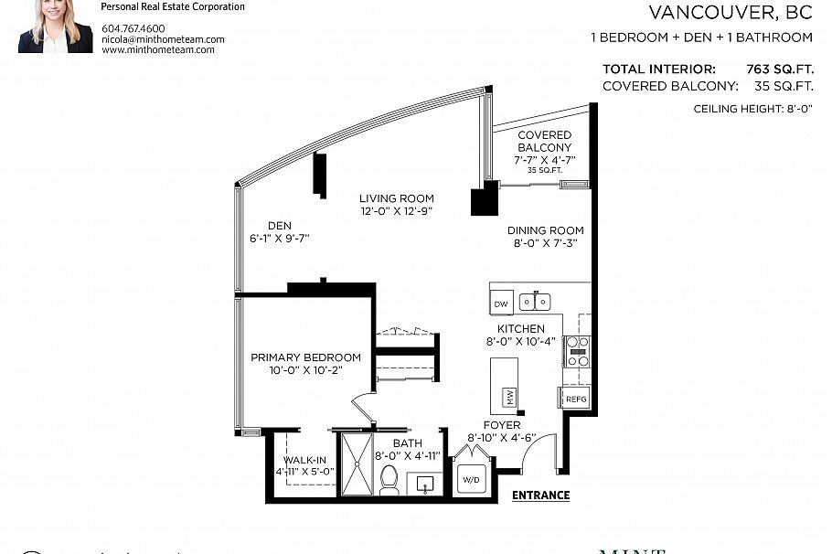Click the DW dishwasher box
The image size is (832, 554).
[x=500, y=304]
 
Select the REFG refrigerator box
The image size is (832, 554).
[x=575, y=400]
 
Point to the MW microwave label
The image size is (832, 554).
[x=508, y=398]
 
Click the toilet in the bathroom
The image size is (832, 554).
[x=389, y=480]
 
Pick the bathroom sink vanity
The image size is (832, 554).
[x=423, y=483]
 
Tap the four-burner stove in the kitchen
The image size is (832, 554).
[x=578, y=351]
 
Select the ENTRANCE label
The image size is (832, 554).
[x=540, y=495]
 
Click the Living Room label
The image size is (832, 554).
[x=396, y=198]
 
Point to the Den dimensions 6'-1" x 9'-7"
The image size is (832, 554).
[x=280, y=239]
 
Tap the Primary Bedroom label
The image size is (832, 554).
[x=305, y=357]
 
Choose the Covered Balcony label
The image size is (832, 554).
[x=544, y=142]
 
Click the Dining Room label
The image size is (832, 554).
[x=545, y=230]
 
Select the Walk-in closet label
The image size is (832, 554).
[x=305, y=460]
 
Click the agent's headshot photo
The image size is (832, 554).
[x=55, y=27]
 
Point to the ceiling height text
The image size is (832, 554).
[x=753, y=109]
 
